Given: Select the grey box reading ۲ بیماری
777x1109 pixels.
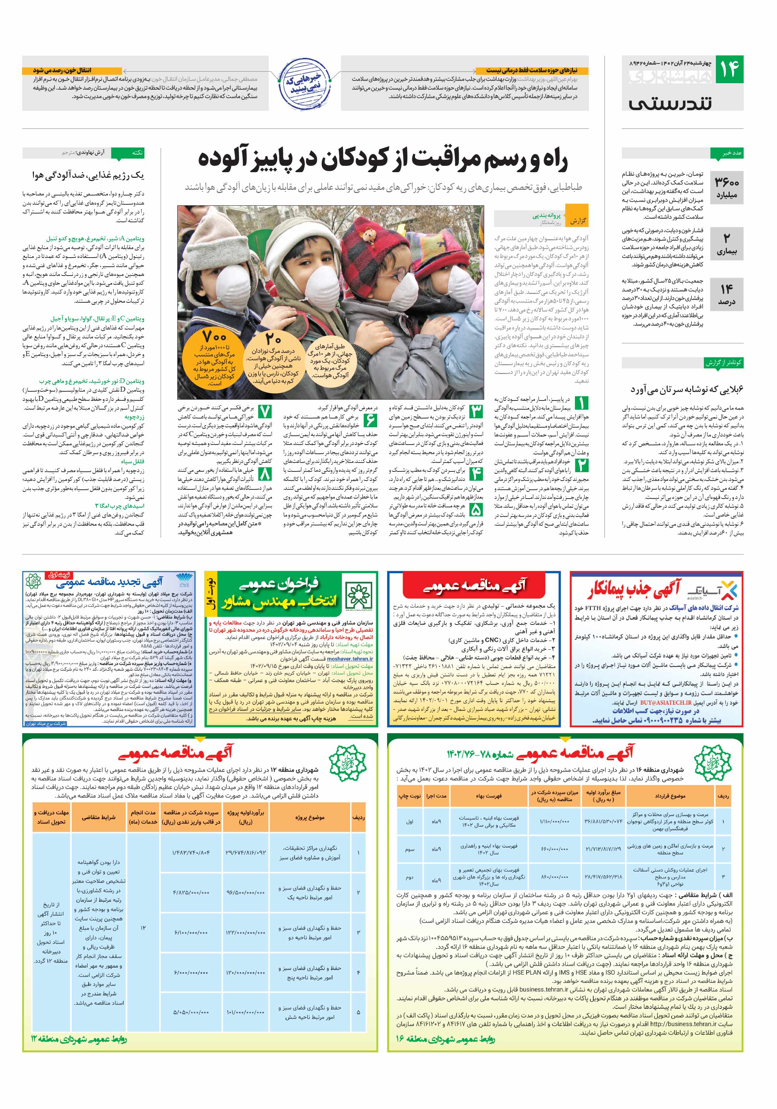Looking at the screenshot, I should (x=726, y=244).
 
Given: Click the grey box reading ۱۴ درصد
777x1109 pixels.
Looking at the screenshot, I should (x=726, y=294).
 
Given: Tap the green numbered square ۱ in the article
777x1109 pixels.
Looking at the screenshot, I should (x=581, y=403).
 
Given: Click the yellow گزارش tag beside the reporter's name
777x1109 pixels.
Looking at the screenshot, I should (x=578, y=221).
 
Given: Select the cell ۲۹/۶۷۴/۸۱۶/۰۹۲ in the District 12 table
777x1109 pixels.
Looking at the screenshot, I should (x=245, y=852).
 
